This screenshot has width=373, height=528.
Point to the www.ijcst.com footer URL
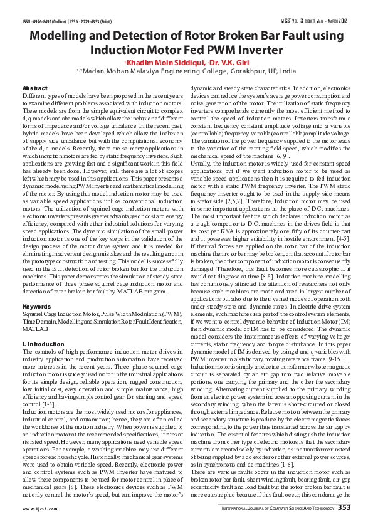click(39, 509)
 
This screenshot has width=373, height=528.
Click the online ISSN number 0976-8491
click(48, 21)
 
